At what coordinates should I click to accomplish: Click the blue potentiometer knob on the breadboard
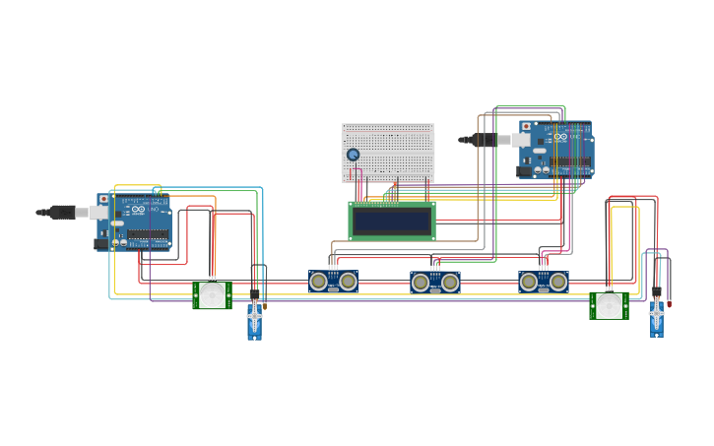coord(353,155)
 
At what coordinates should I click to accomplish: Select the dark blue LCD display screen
coord(392,222)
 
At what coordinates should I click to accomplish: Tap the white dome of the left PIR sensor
coord(212,295)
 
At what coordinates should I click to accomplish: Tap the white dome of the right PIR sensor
coord(609,306)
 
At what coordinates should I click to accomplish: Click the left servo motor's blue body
coord(254,322)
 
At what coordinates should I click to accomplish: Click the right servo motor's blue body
coord(656,320)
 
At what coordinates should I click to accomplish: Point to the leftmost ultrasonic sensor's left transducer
coord(319,282)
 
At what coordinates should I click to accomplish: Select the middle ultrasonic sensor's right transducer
coord(450,283)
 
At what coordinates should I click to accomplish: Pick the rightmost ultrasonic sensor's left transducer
coord(529,282)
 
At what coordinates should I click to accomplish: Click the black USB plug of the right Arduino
coord(484,140)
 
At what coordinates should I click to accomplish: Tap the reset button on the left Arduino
coord(103,199)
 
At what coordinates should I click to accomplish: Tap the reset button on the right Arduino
coord(526,127)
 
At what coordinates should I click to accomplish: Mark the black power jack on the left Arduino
coord(101,242)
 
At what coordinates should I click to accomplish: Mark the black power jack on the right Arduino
coord(524,170)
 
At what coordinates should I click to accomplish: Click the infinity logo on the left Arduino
coord(139,210)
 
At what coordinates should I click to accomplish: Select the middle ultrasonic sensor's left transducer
coord(421,283)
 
